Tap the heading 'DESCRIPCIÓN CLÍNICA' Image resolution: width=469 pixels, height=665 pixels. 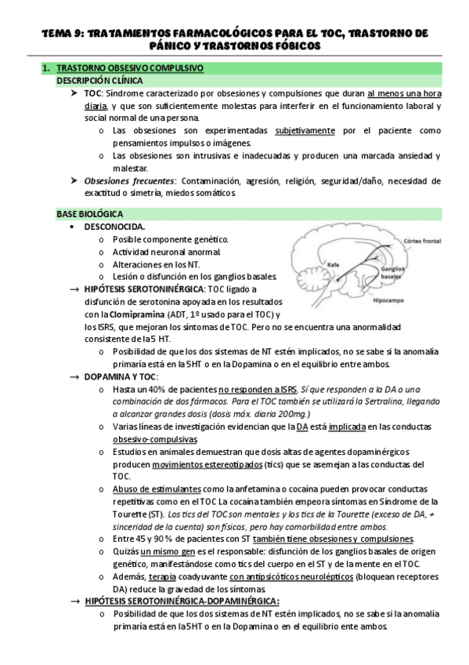point(97,81)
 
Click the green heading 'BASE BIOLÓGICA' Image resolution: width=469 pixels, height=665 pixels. point(89,213)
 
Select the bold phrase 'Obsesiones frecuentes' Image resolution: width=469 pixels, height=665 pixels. point(128,181)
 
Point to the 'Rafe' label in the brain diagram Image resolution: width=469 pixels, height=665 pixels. point(334,263)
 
